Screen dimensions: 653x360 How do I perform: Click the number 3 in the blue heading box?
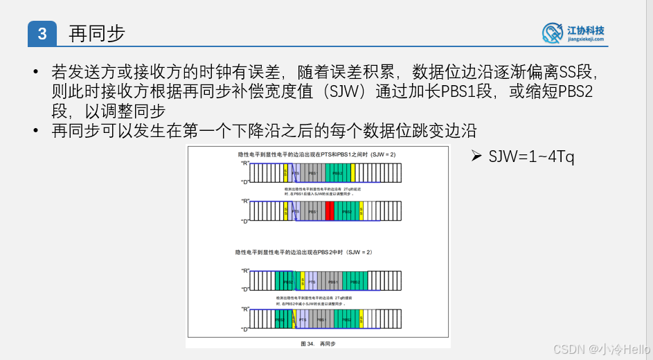pos(42,34)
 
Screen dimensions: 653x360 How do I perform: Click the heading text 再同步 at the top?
pos(96,33)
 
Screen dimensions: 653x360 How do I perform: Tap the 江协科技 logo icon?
pos(553,33)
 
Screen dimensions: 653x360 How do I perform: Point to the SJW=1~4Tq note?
pos(531,157)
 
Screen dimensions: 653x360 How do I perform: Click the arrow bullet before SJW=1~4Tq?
pos(476,157)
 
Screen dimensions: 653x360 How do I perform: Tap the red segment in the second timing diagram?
pos(330,211)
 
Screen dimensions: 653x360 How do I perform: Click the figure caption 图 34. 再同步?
pos(318,343)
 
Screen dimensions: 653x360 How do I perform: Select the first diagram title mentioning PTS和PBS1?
pos(315,154)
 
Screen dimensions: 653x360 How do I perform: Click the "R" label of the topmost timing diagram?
pos(244,163)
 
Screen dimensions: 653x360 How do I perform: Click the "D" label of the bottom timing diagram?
pos(244,330)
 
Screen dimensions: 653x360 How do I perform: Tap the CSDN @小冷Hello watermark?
pos(602,348)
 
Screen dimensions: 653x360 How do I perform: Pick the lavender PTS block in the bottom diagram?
pos(302,320)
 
